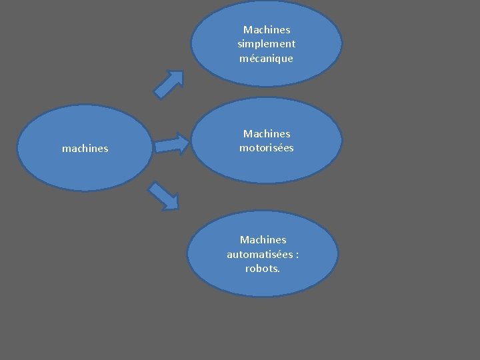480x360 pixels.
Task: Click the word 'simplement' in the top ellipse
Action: click(x=267, y=44)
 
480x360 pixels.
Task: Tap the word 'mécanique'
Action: click(x=267, y=59)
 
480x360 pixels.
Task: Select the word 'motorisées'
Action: click(x=267, y=148)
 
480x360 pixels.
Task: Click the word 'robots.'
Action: click(x=263, y=269)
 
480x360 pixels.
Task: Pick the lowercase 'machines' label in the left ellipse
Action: click(x=85, y=149)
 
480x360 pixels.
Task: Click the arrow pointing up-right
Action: click(x=168, y=84)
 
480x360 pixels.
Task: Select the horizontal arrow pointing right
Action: click(x=172, y=144)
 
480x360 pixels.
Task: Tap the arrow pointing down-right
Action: click(x=163, y=196)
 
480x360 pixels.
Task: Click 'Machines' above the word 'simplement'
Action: click(x=267, y=30)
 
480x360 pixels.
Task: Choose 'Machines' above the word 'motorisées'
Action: click(x=267, y=134)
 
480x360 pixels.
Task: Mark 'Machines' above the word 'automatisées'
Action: click(x=263, y=239)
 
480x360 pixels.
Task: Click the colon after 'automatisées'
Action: click(x=296, y=255)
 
